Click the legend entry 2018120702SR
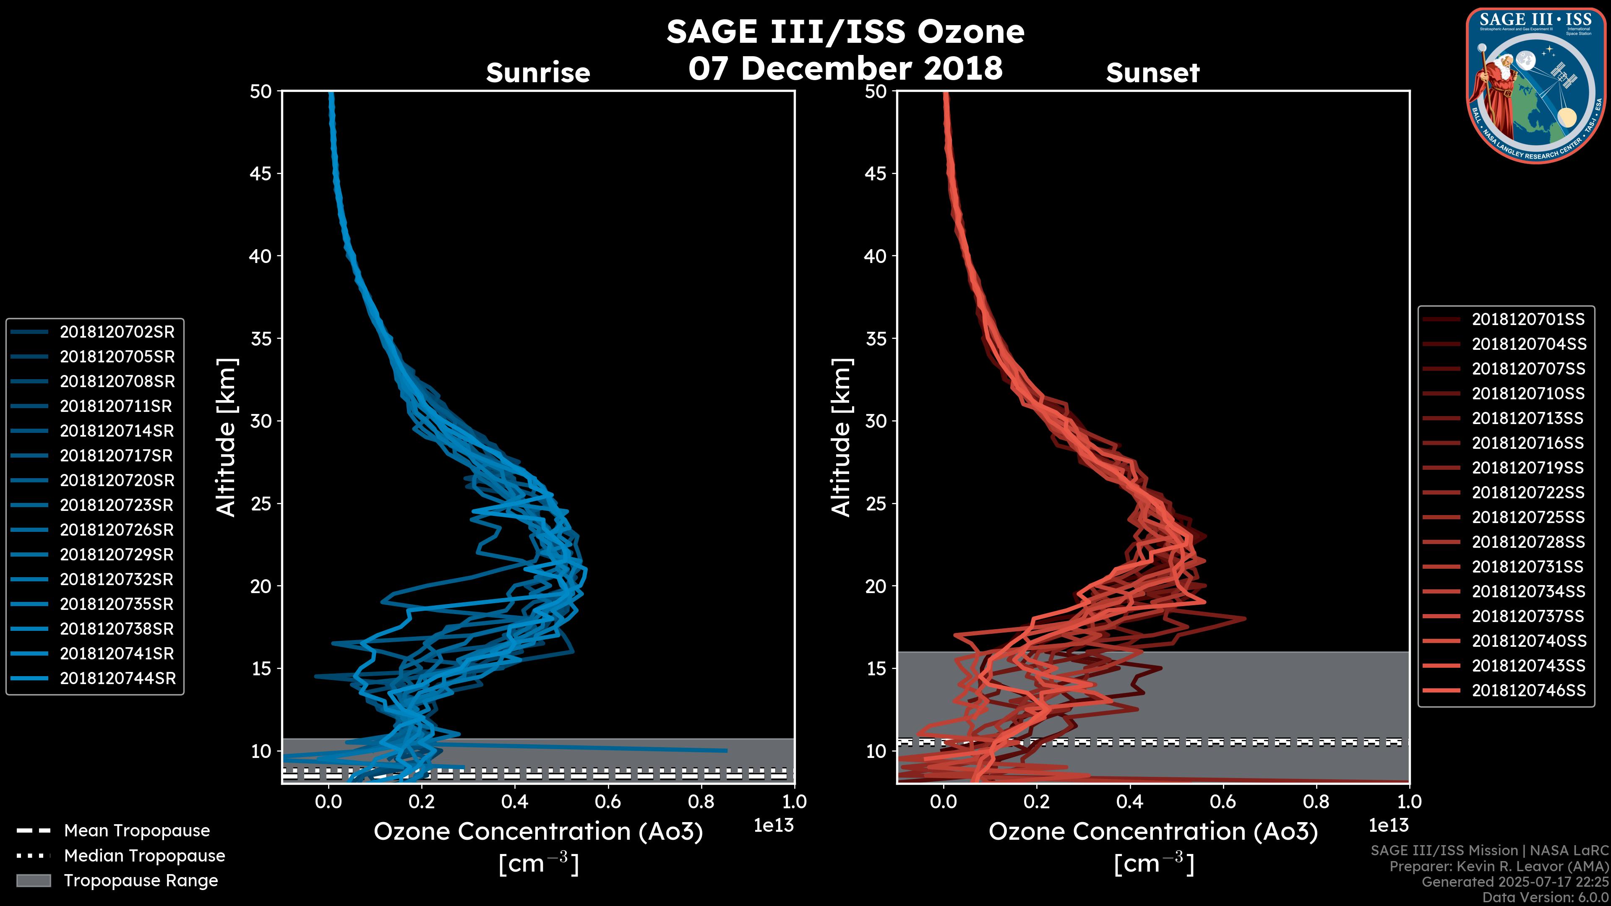(117, 332)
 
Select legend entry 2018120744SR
(117, 678)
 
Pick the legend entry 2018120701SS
(1528, 320)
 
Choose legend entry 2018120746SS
(1528, 690)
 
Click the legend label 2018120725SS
(1528, 517)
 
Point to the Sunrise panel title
(538, 73)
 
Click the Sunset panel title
(1152, 73)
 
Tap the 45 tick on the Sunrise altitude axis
(261, 174)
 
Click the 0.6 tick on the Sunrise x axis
(608, 802)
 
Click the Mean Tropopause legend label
(137, 831)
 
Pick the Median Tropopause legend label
(144, 856)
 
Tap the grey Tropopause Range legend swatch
(33, 880)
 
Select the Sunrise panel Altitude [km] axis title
(227, 437)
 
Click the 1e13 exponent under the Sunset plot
(1388, 825)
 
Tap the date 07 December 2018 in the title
(845, 68)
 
